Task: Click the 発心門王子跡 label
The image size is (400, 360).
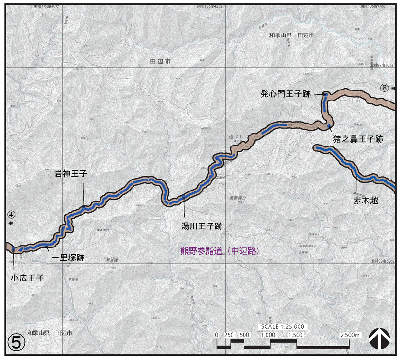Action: tap(285, 95)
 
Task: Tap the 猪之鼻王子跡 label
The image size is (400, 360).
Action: tap(358, 139)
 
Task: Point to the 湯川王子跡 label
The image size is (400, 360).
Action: tap(202, 226)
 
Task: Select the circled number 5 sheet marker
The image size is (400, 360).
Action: tap(16, 342)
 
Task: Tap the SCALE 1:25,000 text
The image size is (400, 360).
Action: tap(282, 327)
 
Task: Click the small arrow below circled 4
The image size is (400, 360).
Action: tap(11, 223)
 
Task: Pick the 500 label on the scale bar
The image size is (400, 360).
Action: tap(244, 335)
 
